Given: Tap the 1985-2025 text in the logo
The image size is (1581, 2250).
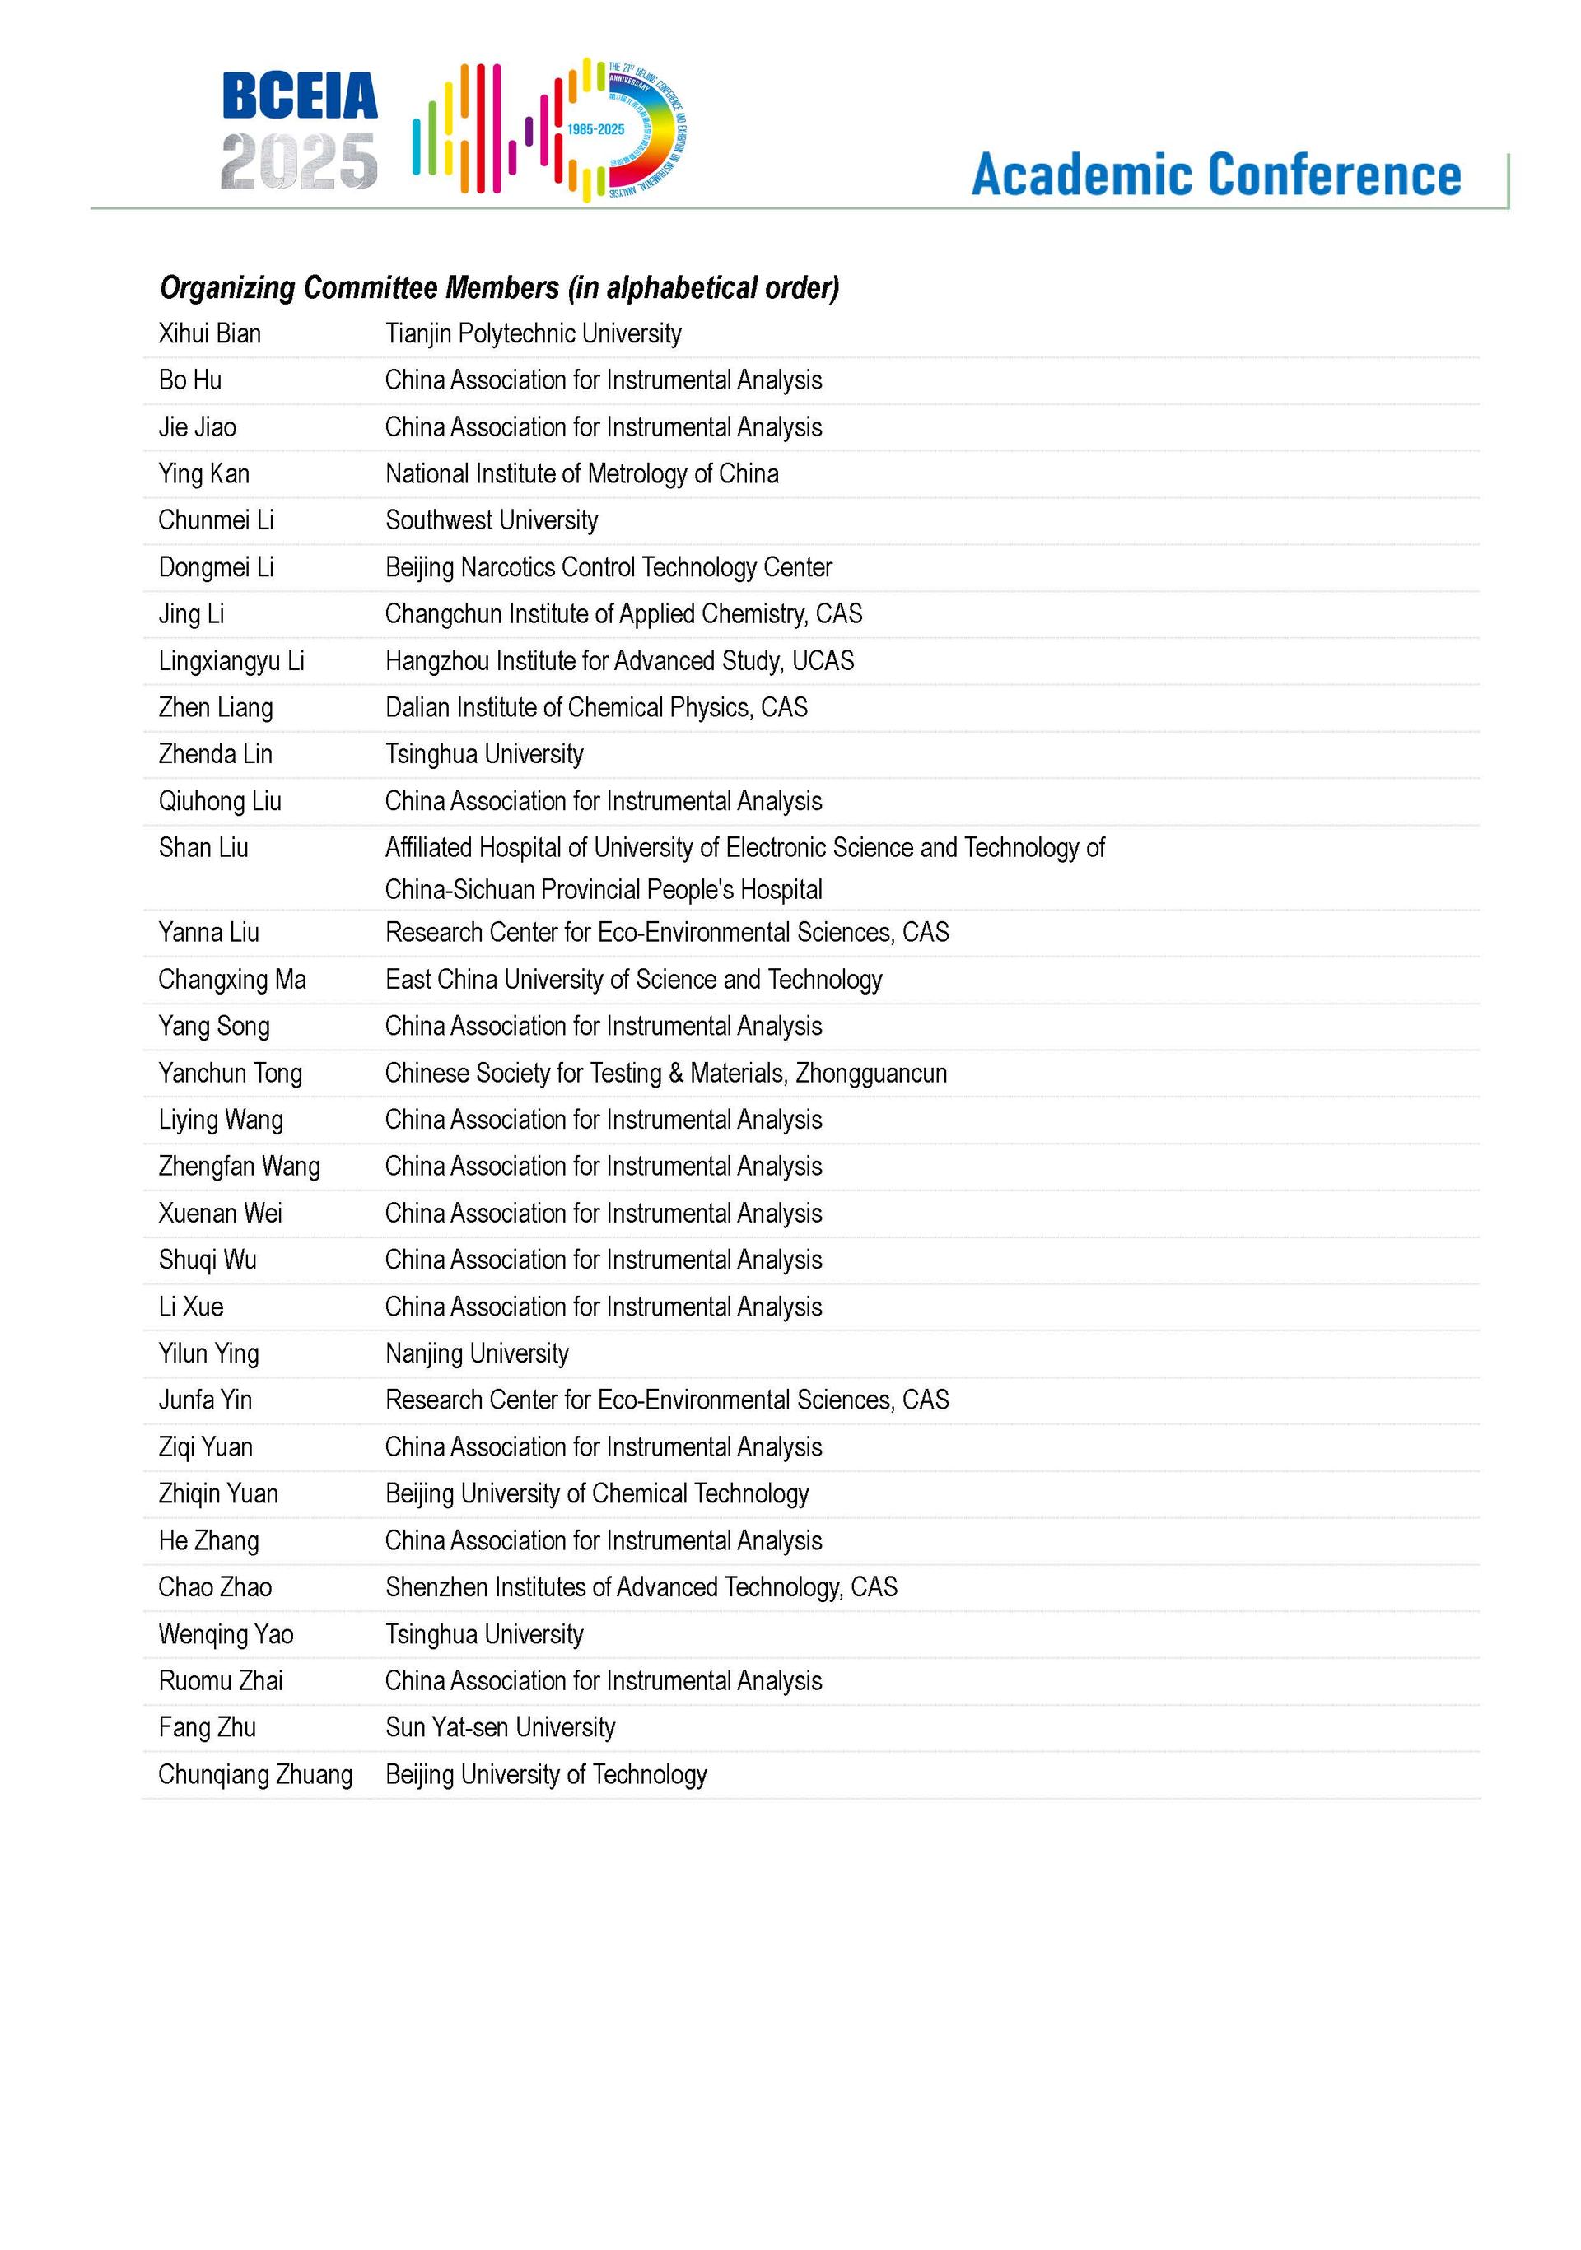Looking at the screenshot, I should click(x=595, y=129).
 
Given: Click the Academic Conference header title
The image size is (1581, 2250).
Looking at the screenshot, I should click(x=1215, y=175).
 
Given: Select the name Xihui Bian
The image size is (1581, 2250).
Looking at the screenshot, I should click(x=210, y=334).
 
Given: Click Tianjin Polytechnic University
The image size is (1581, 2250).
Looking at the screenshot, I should click(x=534, y=334).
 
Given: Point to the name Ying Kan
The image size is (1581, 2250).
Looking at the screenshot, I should click(x=204, y=474).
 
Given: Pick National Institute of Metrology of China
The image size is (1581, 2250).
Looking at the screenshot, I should click(x=581, y=474).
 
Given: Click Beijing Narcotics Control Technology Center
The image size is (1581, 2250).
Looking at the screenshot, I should click(x=608, y=567).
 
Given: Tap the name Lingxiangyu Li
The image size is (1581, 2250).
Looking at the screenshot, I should click(x=231, y=661).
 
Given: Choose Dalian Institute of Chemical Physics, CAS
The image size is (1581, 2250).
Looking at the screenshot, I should click(x=596, y=707).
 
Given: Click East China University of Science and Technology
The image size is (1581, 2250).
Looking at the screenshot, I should click(x=633, y=980).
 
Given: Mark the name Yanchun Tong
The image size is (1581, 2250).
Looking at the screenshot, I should click(x=231, y=1073).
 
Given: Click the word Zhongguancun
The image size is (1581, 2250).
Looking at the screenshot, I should click(x=870, y=1073).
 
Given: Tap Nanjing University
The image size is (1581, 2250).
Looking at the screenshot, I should click(x=476, y=1353).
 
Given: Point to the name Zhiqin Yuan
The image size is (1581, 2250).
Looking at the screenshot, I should click(x=217, y=1493).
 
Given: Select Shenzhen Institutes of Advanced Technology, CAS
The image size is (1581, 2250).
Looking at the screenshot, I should click(x=641, y=1587).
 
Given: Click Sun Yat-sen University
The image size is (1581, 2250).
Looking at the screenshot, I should click(x=500, y=1728).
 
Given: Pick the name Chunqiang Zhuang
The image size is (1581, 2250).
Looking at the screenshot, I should click(x=254, y=1775).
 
